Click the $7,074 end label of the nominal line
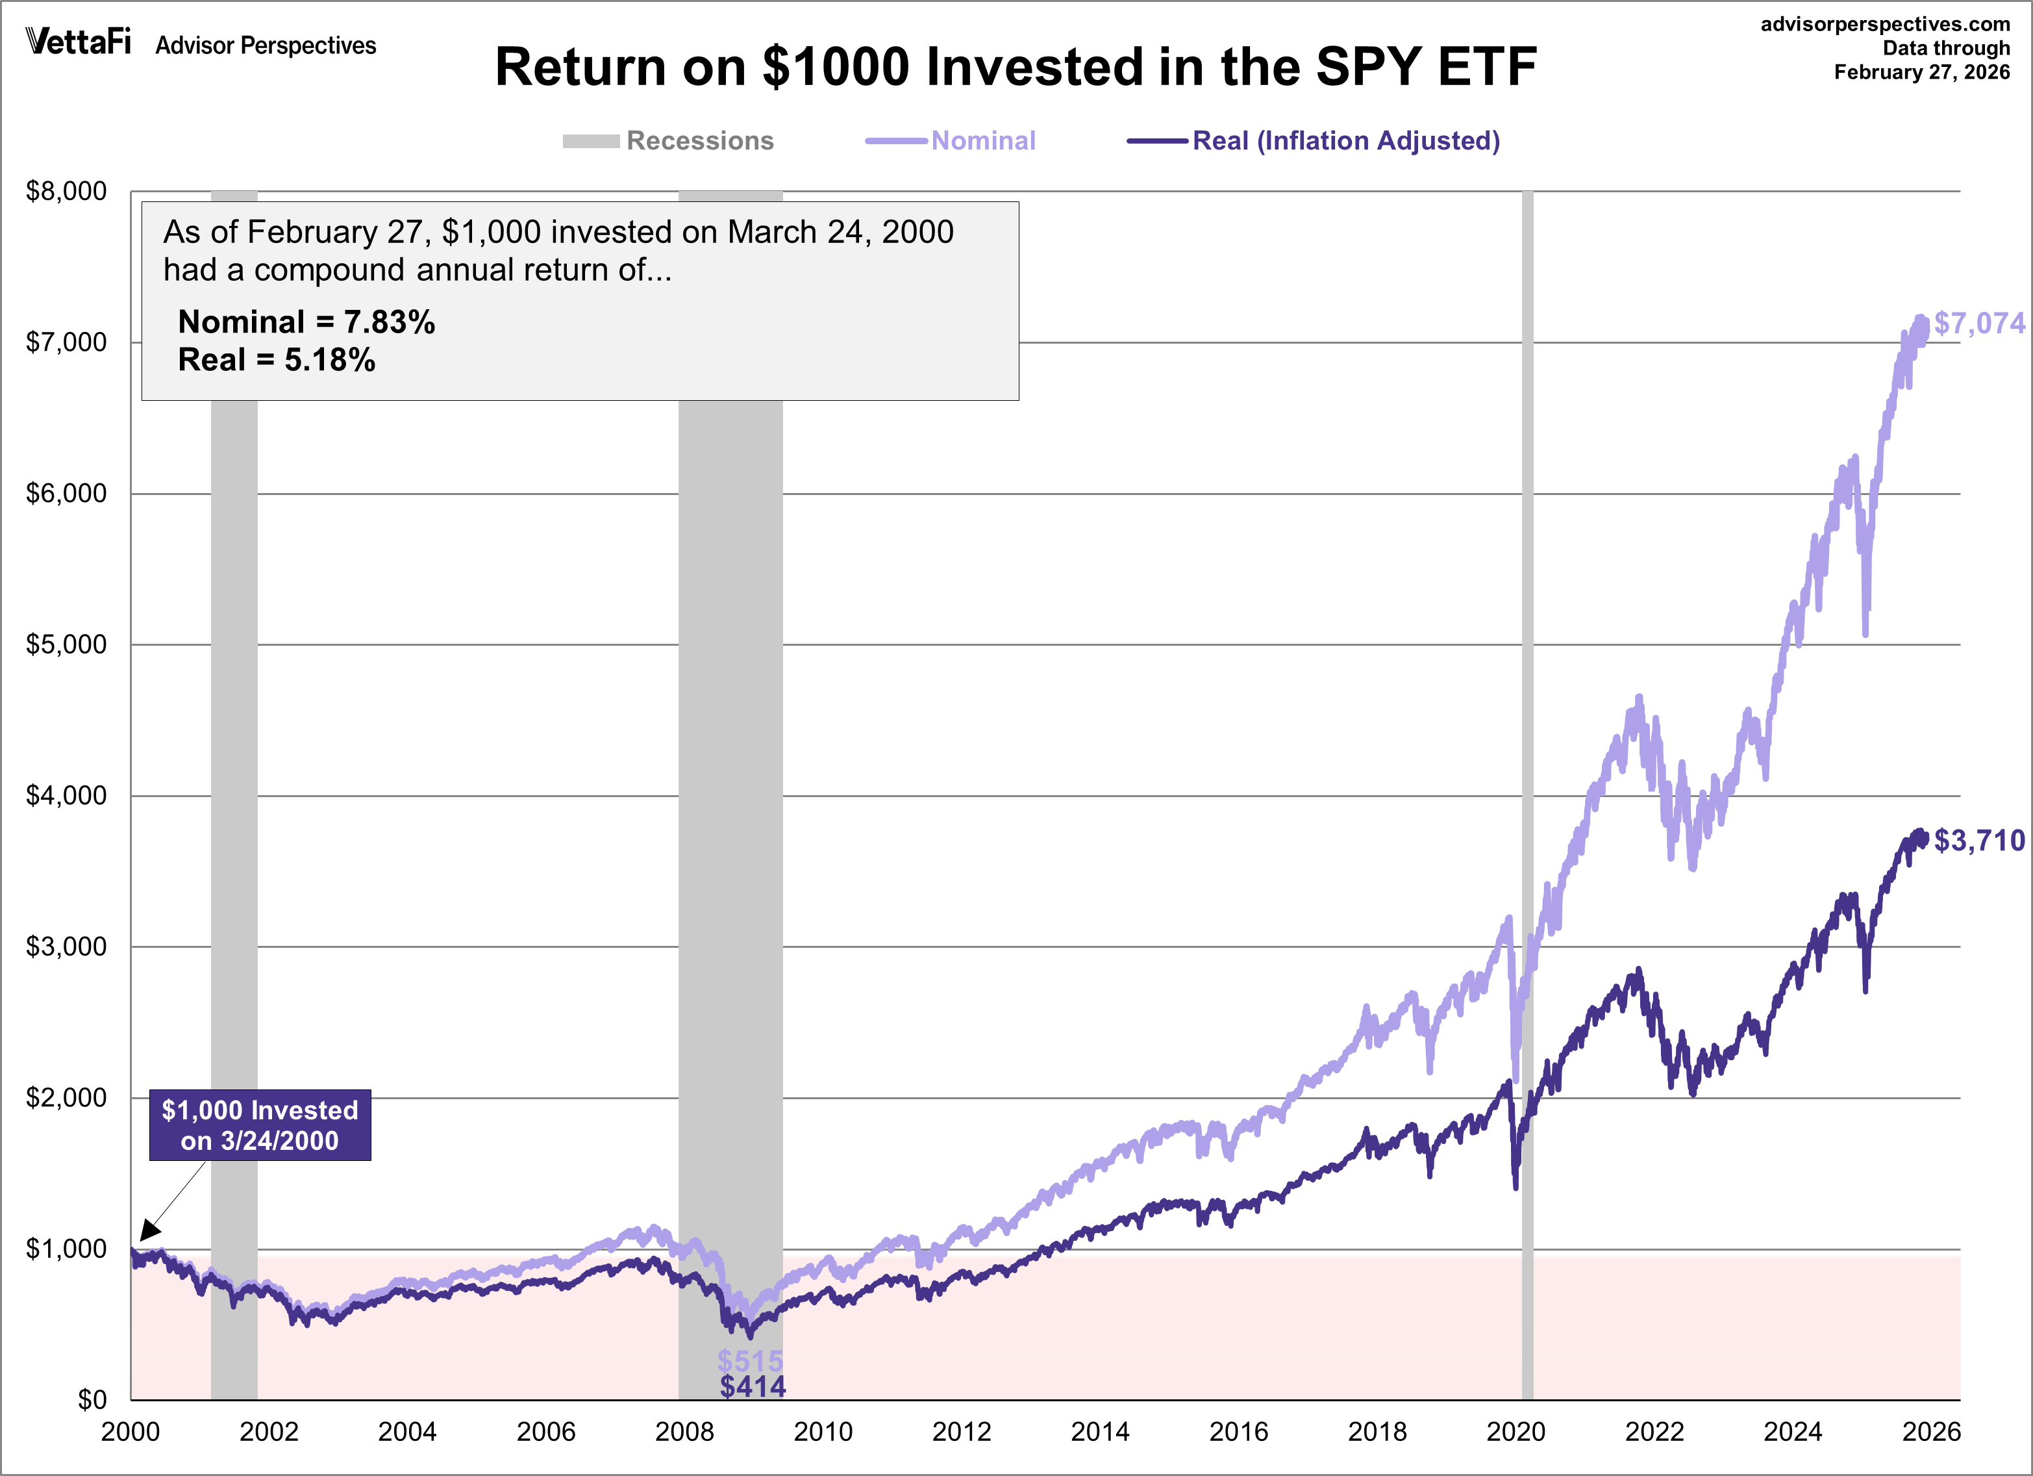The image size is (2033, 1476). (x=1979, y=323)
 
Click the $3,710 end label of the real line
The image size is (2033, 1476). (x=1979, y=840)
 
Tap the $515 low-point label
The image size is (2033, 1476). (x=750, y=1361)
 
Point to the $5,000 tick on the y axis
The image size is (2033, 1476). (x=66, y=644)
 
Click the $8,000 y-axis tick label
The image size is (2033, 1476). (x=66, y=191)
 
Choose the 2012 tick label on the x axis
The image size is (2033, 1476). (x=961, y=1431)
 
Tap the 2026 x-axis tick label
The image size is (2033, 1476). (x=1931, y=1431)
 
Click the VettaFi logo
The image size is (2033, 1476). (x=79, y=42)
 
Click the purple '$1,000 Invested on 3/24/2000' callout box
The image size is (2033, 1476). (x=260, y=1125)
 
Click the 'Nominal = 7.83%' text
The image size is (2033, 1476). (x=306, y=322)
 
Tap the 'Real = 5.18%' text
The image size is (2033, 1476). (x=276, y=360)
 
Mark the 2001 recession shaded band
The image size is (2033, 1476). (x=234, y=807)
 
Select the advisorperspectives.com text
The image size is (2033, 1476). (x=1885, y=24)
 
